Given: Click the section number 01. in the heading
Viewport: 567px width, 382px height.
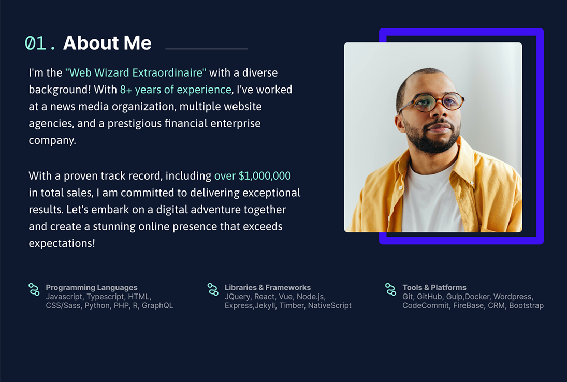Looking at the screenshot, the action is click(40, 43).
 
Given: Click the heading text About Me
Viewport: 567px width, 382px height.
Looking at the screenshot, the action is click(107, 42).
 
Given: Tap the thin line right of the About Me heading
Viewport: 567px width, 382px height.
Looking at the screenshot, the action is click(207, 49).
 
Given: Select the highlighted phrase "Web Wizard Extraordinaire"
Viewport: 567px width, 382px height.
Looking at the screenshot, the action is click(136, 72).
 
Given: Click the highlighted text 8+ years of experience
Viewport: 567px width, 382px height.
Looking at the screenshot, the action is click(176, 90).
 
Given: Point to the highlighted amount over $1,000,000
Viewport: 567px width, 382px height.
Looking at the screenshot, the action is click(252, 175).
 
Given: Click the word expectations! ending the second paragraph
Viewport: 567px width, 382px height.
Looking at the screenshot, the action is click(62, 243).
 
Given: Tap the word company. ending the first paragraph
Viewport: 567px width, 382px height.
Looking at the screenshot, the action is click(52, 140).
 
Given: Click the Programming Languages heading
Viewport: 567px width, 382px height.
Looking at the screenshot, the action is click(92, 287).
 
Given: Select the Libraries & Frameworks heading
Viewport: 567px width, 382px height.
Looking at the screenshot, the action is click(268, 287).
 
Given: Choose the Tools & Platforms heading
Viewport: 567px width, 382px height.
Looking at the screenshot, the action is click(434, 287).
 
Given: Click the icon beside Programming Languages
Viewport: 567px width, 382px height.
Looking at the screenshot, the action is click(34, 289).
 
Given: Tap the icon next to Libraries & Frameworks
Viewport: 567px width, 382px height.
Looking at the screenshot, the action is click(213, 289).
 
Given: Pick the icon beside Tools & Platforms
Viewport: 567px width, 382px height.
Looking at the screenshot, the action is click(390, 289).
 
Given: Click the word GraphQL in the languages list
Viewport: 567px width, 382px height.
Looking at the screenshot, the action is click(157, 306).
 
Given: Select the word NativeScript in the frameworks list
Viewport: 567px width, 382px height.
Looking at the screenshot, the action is click(329, 306).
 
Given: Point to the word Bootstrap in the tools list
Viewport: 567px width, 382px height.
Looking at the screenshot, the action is click(526, 306).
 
